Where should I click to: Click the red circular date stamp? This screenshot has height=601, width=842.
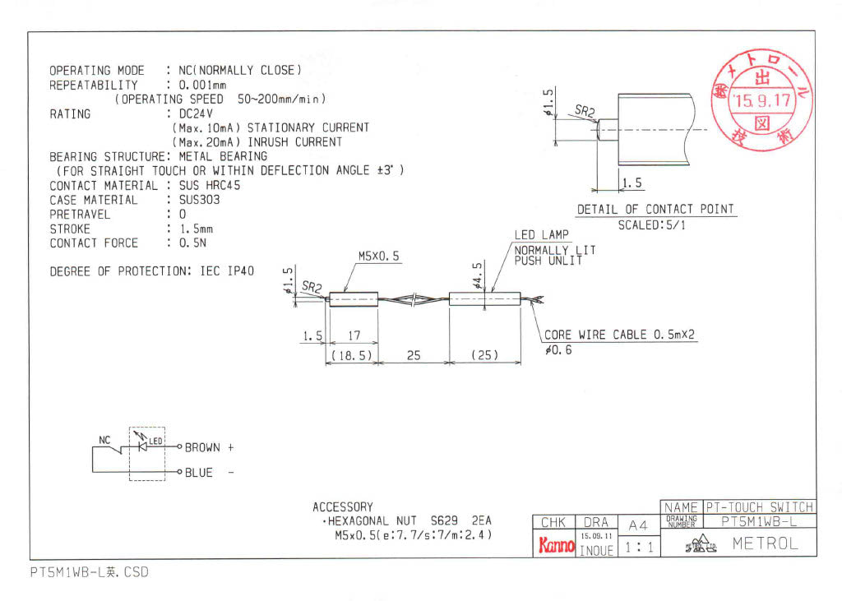761,102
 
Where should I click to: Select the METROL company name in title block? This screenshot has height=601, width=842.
765,543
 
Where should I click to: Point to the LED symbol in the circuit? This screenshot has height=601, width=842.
146,445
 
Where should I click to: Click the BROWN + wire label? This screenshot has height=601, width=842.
209,448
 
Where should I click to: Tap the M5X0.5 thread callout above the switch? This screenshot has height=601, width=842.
378,257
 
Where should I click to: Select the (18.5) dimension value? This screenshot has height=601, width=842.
351,355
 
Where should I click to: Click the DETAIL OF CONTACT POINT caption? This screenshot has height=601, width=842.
655,209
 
